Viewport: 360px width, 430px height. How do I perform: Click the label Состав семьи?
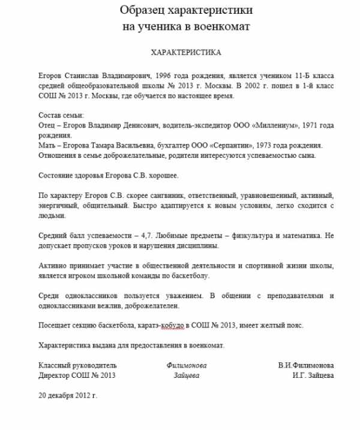[x=61, y=115]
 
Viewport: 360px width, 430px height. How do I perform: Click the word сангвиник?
[x=166, y=196]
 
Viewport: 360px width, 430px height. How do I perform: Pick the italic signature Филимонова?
[x=187, y=365]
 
